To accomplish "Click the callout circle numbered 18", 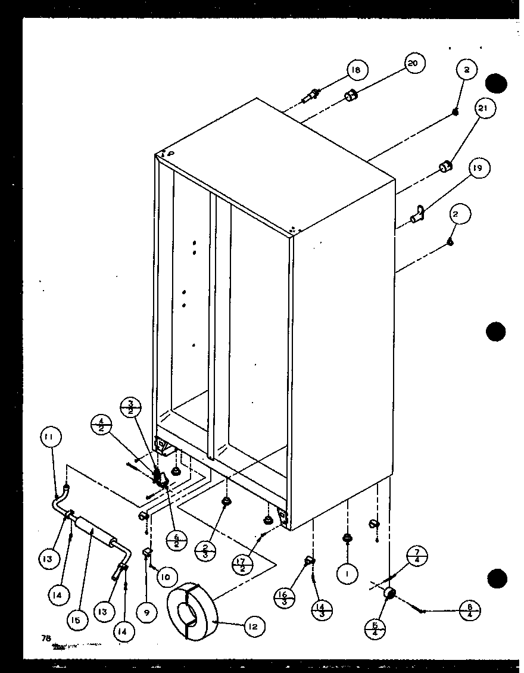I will coord(356,70).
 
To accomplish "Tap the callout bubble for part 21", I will coord(485,109).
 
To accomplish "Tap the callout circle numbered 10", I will coord(168,577).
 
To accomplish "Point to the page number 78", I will coord(45,638).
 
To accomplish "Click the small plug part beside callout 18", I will coord(313,95).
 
